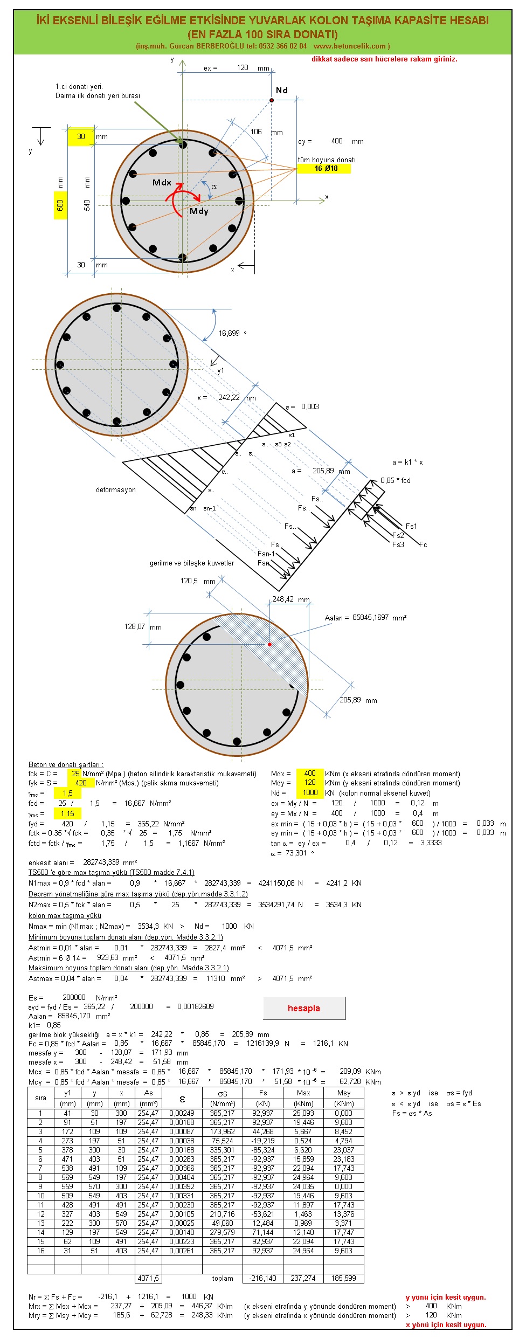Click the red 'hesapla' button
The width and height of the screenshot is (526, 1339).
click(304, 1008)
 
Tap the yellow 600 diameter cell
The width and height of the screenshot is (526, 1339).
click(60, 205)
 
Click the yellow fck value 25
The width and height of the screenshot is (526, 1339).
click(75, 774)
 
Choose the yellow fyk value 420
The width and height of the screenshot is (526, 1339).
click(81, 783)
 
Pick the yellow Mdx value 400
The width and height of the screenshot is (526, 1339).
click(310, 774)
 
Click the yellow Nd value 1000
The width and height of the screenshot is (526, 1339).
click(310, 792)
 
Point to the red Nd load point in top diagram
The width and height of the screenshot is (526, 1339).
click(272, 100)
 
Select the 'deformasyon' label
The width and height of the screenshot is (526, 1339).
click(116, 489)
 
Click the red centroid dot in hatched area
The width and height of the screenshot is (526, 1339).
click(270, 644)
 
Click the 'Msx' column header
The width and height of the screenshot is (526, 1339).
click(303, 1093)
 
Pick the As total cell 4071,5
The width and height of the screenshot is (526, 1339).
click(148, 1278)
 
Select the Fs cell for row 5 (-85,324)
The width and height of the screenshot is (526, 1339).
click(263, 1150)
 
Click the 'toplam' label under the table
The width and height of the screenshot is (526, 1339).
click(223, 1278)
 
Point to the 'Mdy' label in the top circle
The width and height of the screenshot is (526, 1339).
click(199, 211)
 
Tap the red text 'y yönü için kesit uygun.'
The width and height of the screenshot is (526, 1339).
click(446, 1297)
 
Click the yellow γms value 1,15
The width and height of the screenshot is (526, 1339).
click(67, 813)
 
